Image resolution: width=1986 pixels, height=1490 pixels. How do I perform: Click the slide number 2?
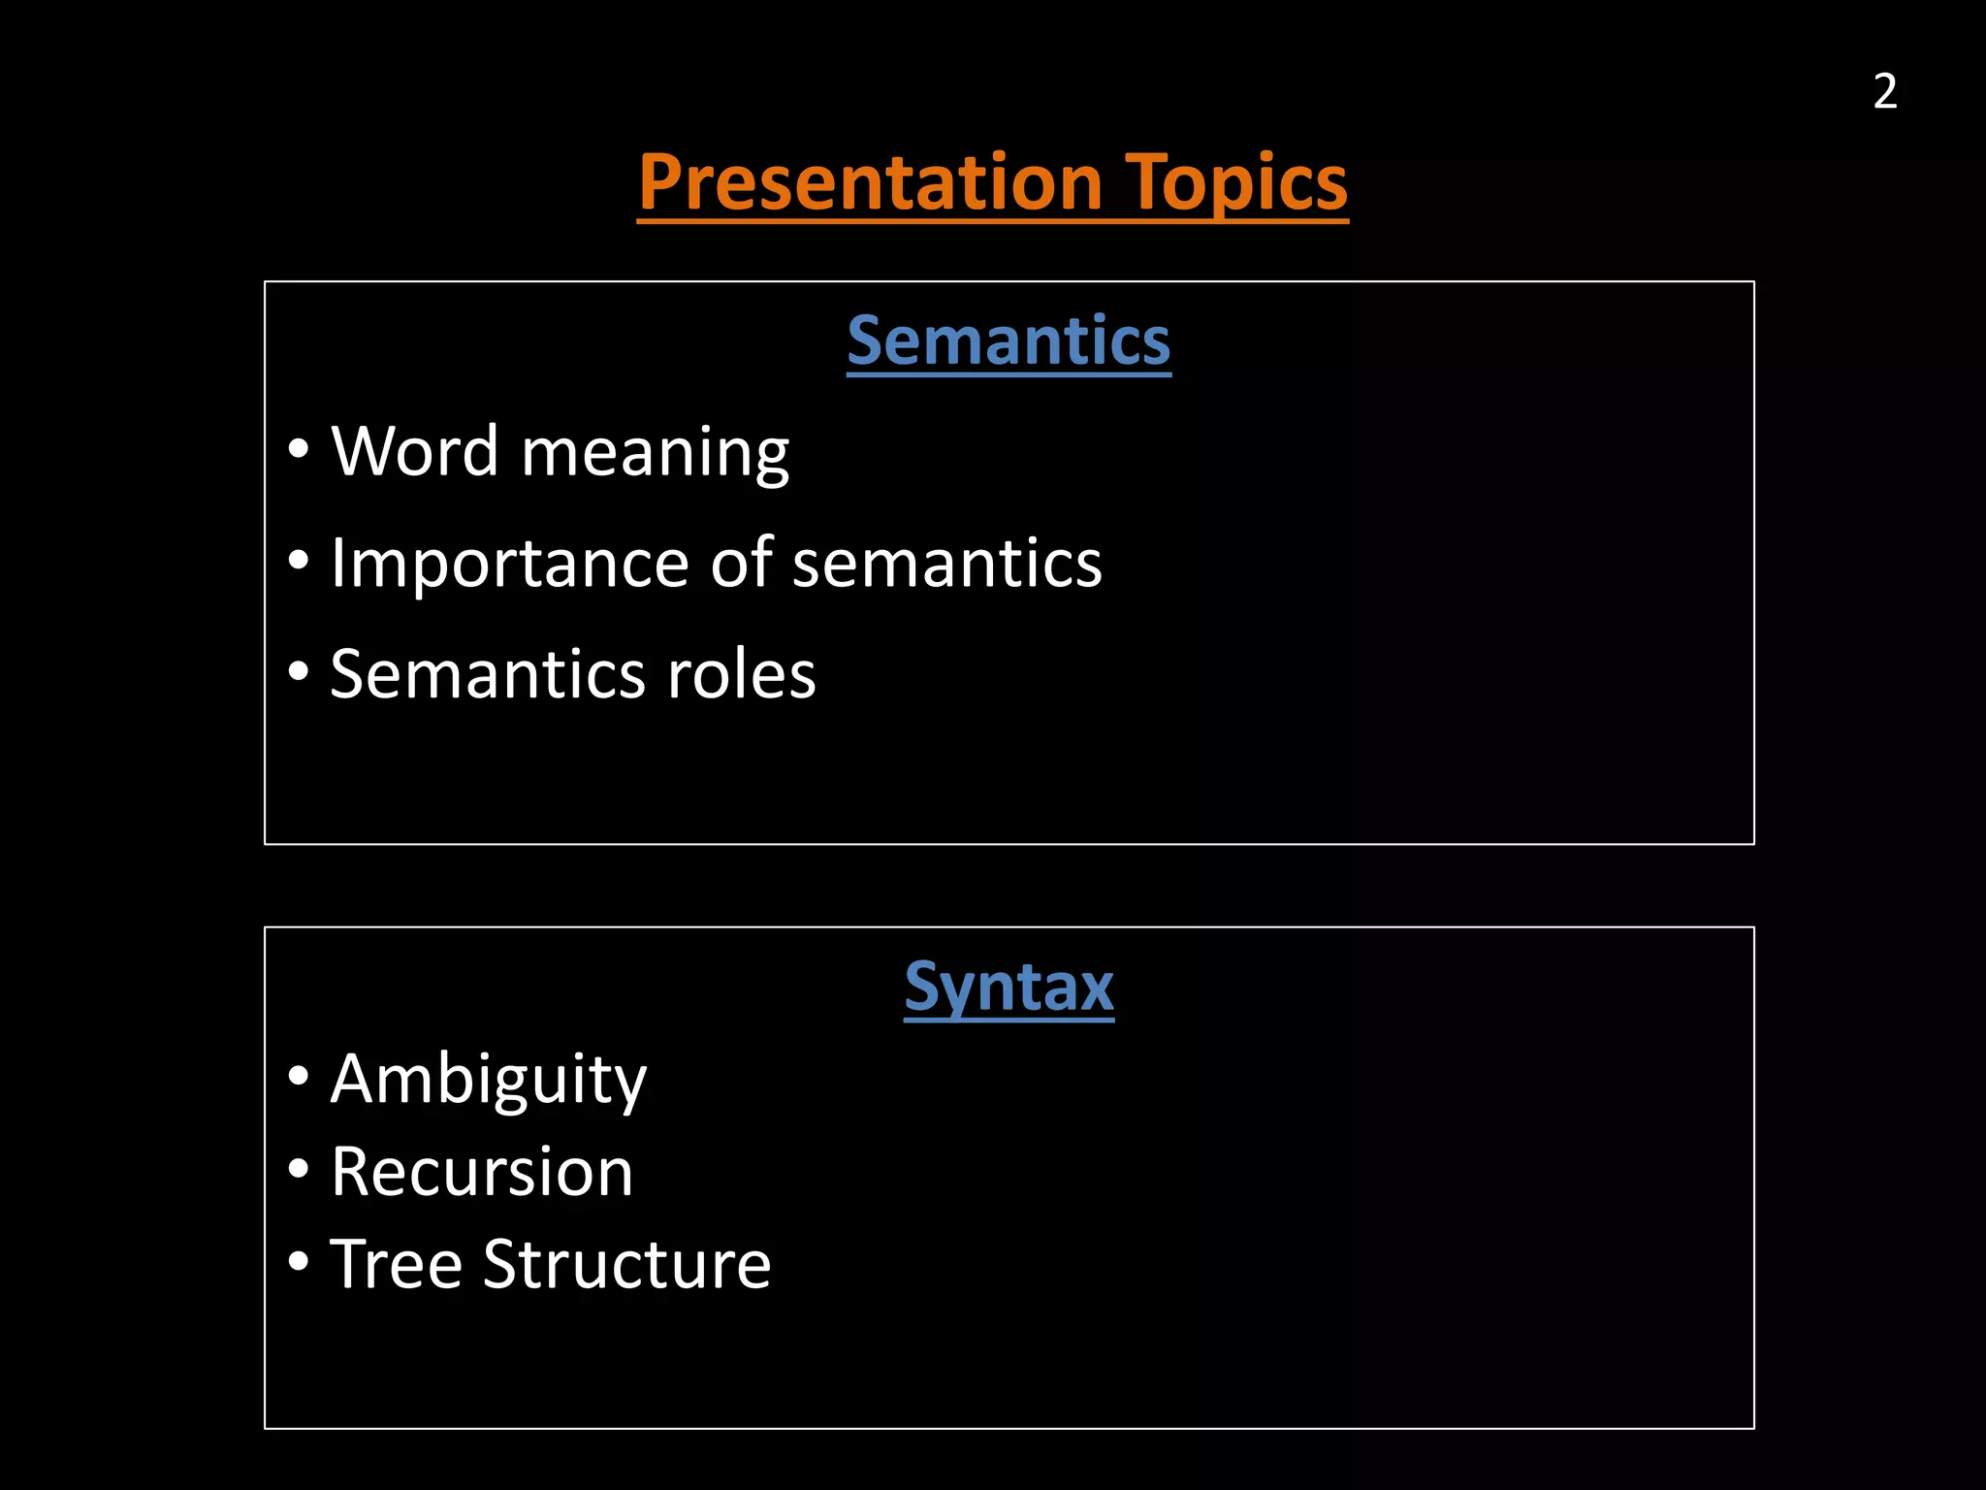[x=1884, y=92]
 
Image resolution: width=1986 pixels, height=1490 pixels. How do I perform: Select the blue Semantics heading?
[x=1009, y=340]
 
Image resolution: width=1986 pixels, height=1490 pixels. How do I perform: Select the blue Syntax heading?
[x=1009, y=988]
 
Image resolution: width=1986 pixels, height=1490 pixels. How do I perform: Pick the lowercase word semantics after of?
[x=946, y=565]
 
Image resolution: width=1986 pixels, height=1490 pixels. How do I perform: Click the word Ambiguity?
[x=488, y=1081]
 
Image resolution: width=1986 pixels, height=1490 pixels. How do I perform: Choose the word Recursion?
[x=482, y=1172]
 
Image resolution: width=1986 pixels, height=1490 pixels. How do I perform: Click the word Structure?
[x=626, y=1264]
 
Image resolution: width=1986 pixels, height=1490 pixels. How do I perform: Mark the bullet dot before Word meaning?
[x=299, y=450]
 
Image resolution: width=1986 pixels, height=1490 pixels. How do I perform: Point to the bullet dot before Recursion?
[x=299, y=1170]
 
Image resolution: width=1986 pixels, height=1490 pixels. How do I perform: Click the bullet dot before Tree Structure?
[x=299, y=1262]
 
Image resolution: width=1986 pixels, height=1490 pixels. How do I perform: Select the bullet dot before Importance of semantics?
[x=299, y=561]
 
